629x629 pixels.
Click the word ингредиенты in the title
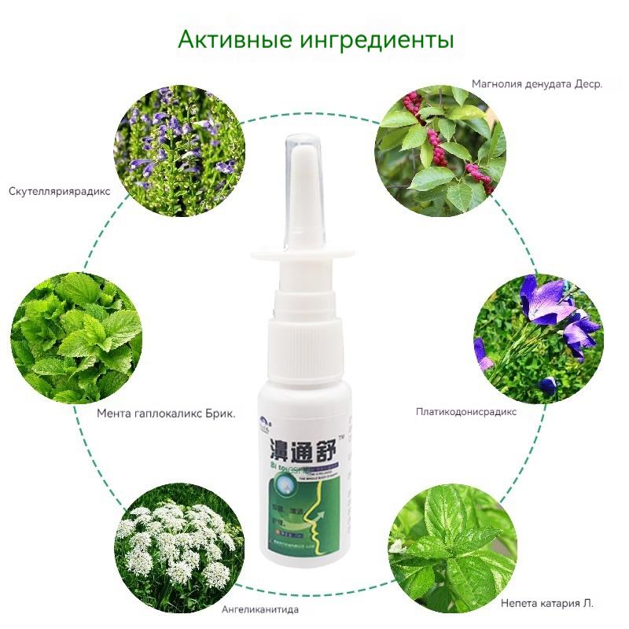point(377,39)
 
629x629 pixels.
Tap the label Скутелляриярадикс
point(60,191)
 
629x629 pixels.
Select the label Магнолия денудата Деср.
point(537,83)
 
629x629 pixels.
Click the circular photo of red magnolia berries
point(440,149)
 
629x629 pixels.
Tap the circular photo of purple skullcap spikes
point(179,151)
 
